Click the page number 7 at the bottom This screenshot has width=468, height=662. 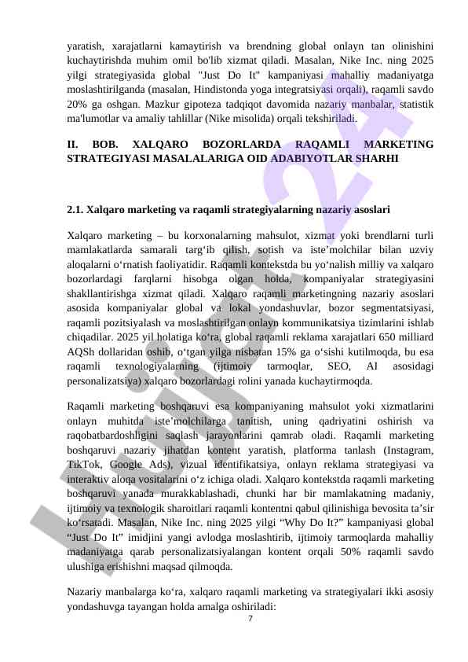click(x=250, y=619)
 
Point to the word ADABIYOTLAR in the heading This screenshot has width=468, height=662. click(x=305, y=158)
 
